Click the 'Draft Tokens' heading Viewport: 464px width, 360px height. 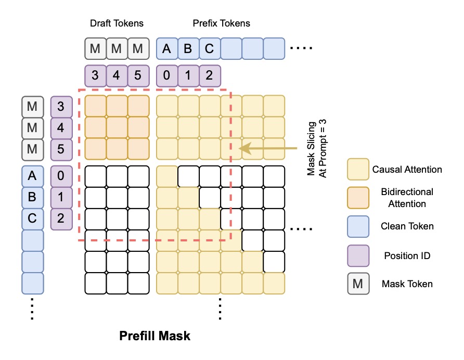pos(117,23)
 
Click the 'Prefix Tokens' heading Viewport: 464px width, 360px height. pos(221,23)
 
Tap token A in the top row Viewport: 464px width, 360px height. pos(167,48)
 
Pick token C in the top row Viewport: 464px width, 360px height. pos(210,48)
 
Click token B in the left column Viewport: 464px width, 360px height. pos(32,198)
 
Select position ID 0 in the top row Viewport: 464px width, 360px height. pos(167,75)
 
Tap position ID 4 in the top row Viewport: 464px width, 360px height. pos(117,75)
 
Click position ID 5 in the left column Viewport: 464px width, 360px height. pos(61,149)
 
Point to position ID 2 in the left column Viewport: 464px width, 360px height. pos(61,219)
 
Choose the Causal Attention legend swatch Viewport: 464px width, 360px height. pos(358,170)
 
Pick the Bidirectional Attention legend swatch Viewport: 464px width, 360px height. pos(358,198)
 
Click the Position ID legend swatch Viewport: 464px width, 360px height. pos(358,255)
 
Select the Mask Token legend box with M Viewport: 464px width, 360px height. pos(358,284)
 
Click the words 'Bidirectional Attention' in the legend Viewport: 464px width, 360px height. pos(403,198)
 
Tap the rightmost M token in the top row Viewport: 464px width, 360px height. pos(138,48)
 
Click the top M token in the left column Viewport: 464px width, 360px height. pos(32,107)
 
